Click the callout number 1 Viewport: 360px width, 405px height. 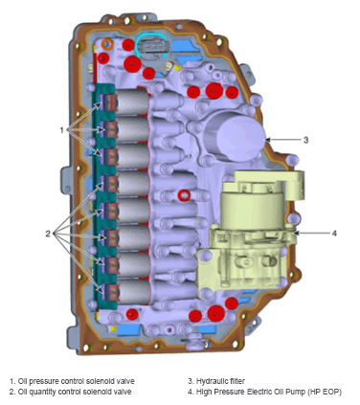62,128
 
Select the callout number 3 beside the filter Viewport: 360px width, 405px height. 305,140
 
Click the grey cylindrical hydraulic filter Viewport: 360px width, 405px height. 233,132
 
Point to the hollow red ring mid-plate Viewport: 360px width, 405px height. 183,196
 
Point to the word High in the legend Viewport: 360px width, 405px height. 204,392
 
